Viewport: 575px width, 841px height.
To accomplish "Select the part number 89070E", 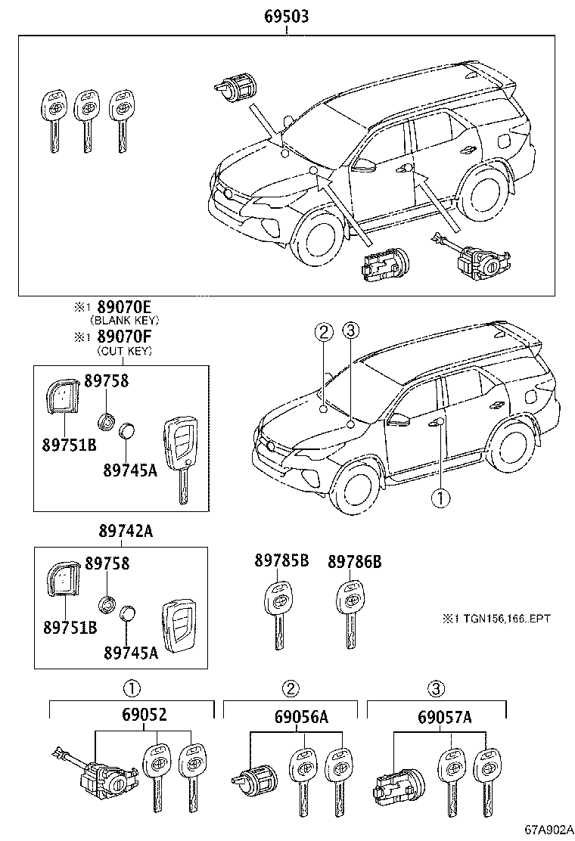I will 122,307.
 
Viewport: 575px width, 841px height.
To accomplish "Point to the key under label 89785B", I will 278,613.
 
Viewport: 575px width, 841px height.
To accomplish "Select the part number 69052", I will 143,715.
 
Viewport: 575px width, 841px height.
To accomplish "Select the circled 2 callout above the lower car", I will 323,331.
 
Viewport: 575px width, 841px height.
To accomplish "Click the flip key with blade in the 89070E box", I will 179,458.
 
